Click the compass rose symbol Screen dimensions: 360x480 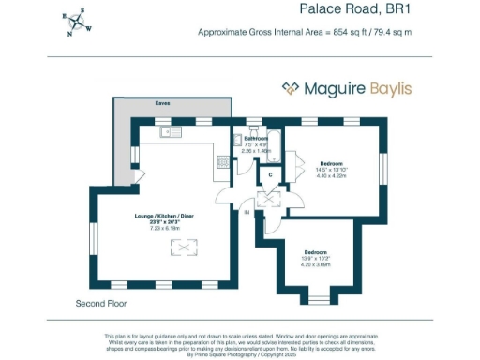click(78, 22)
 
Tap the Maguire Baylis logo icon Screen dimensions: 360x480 click(291, 89)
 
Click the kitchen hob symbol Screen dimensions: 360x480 click(223, 161)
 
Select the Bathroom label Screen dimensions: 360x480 click(256, 139)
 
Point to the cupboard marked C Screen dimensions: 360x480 click(270, 173)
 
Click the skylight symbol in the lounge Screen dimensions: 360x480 click(177, 247)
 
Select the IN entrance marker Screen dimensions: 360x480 click(247, 214)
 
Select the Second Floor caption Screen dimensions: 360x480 click(100, 305)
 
